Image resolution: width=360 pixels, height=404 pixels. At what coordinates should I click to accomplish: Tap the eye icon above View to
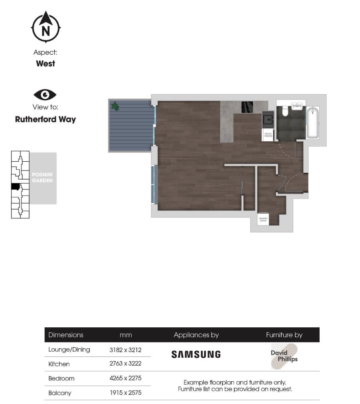coord(45,95)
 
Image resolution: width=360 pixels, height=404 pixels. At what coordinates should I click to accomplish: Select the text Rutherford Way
coord(45,119)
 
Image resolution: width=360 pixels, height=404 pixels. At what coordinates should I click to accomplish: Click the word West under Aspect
coord(45,63)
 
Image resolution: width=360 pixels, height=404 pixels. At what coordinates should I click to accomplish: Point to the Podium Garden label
coord(42,178)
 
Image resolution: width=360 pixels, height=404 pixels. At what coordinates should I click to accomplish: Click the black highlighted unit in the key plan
coord(15,186)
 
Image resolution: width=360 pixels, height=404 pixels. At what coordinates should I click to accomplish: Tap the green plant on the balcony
coord(115,106)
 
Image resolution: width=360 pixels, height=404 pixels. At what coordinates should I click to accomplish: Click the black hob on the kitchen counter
coord(247,107)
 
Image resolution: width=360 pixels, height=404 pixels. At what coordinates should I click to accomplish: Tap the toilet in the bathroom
coord(285,110)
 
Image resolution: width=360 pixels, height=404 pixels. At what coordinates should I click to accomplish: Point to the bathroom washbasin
coord(297,107)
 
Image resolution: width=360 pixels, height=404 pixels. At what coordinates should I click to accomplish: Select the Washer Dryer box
coord(263,219)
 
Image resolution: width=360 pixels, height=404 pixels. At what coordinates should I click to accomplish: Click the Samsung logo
coord(196,354)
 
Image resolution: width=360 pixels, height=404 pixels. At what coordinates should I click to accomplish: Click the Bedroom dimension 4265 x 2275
coord(125,378)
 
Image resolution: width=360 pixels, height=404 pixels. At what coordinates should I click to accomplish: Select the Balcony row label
coord(60,393)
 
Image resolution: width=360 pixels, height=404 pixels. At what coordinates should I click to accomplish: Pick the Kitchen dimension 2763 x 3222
coord(125,364)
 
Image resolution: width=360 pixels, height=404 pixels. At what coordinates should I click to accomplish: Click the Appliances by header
coord(196,335)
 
